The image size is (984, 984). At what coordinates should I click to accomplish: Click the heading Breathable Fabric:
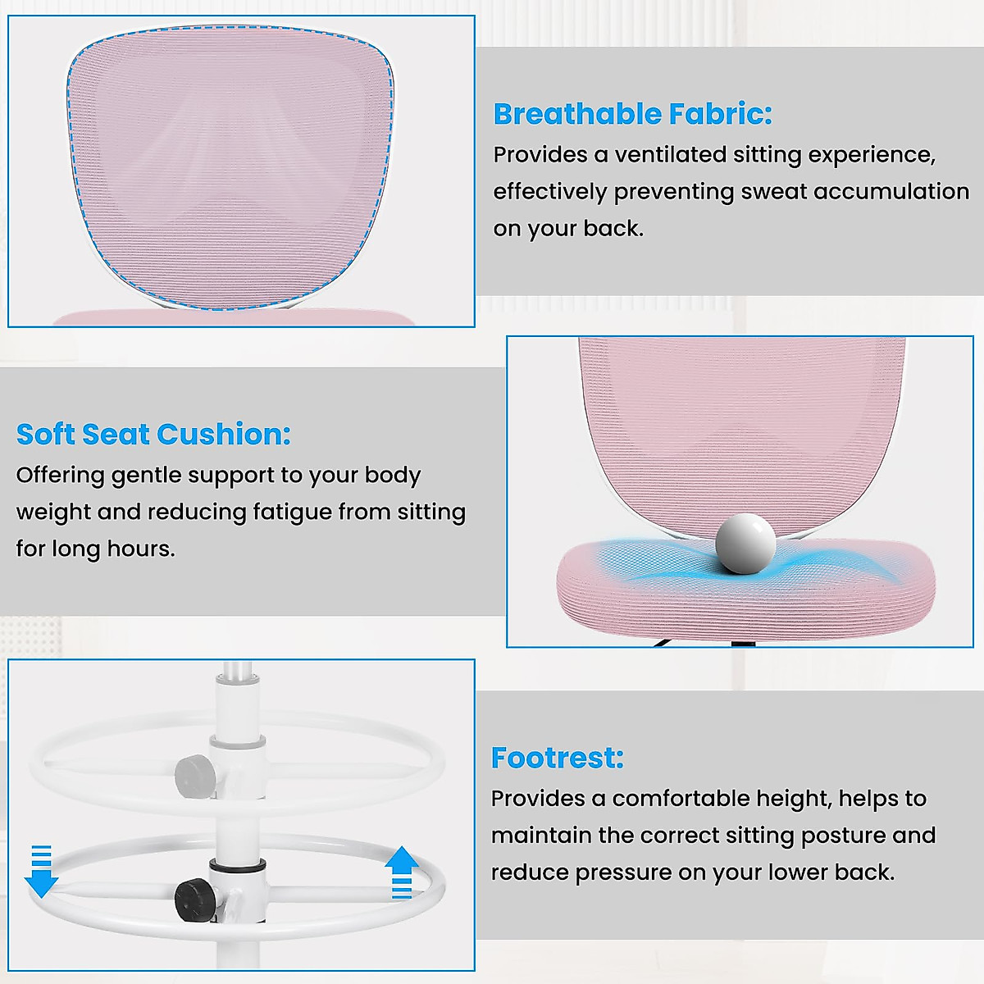tap(633, 114)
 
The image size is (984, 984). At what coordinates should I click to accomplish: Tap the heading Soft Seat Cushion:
tap(153, 434)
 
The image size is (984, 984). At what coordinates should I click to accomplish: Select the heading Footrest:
tap(558, 758)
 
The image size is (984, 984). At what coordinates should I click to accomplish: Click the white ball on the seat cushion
tap(745, 544)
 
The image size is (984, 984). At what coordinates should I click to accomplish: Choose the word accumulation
tap(891, 192)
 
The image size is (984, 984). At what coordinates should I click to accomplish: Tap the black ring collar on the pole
tap(238, 864)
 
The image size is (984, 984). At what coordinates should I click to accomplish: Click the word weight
tap(53, 512)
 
